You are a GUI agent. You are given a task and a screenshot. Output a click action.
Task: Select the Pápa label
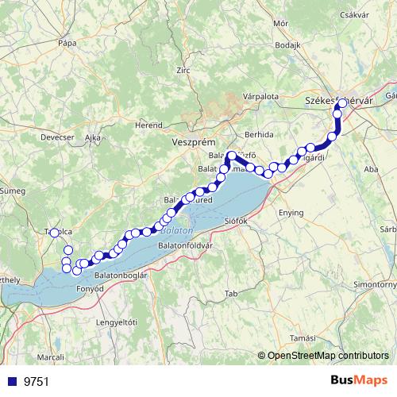67,42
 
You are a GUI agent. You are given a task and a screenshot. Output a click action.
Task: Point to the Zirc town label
183,70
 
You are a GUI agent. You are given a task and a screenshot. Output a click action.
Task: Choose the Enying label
291,213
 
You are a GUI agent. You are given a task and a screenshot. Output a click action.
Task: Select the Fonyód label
90,288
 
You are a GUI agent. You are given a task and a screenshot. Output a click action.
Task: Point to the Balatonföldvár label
185,245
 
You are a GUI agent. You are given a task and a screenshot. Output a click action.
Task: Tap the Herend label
148,125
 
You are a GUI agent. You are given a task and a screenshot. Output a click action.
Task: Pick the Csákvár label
354,14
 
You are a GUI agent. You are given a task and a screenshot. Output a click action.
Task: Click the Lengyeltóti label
117,322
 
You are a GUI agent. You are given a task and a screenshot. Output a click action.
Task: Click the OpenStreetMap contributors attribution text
328,356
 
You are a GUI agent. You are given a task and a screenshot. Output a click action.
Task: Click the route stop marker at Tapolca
55,233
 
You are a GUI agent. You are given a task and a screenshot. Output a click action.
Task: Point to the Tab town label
232,294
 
